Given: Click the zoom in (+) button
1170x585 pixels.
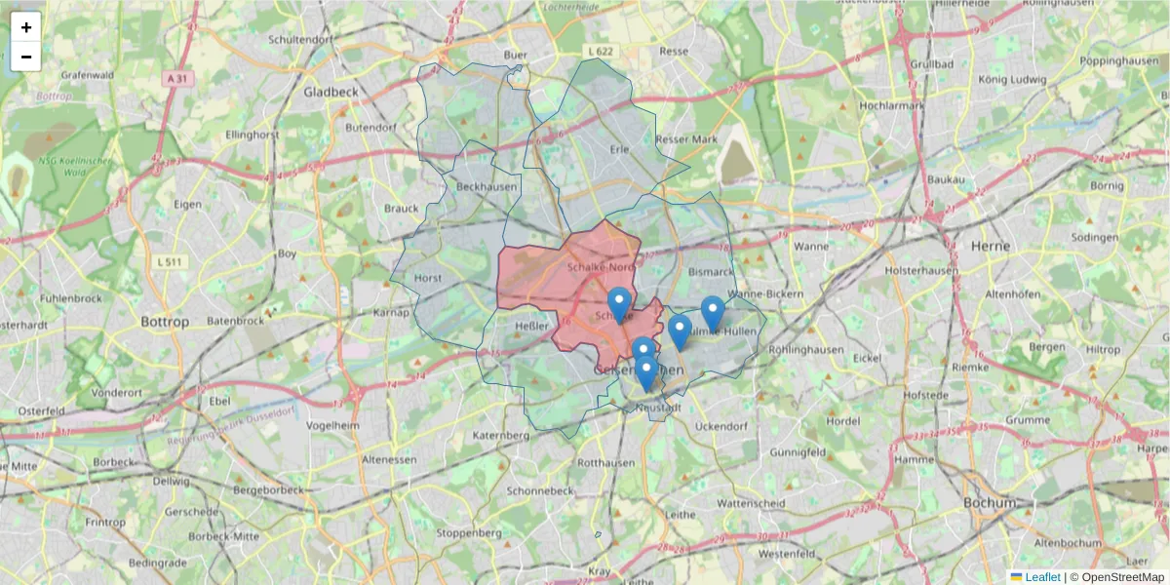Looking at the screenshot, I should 26,27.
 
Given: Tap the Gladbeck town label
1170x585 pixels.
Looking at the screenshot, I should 331,92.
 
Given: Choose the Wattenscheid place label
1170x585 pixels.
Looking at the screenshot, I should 751,503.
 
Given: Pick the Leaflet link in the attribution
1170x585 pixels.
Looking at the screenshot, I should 1041,577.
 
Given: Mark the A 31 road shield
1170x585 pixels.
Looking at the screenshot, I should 175,79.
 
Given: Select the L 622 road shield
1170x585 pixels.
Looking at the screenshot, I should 602,50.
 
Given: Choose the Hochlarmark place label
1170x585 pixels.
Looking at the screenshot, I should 891,104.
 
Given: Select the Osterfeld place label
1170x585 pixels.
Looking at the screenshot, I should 40,410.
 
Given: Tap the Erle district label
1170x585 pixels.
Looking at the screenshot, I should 619,149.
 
